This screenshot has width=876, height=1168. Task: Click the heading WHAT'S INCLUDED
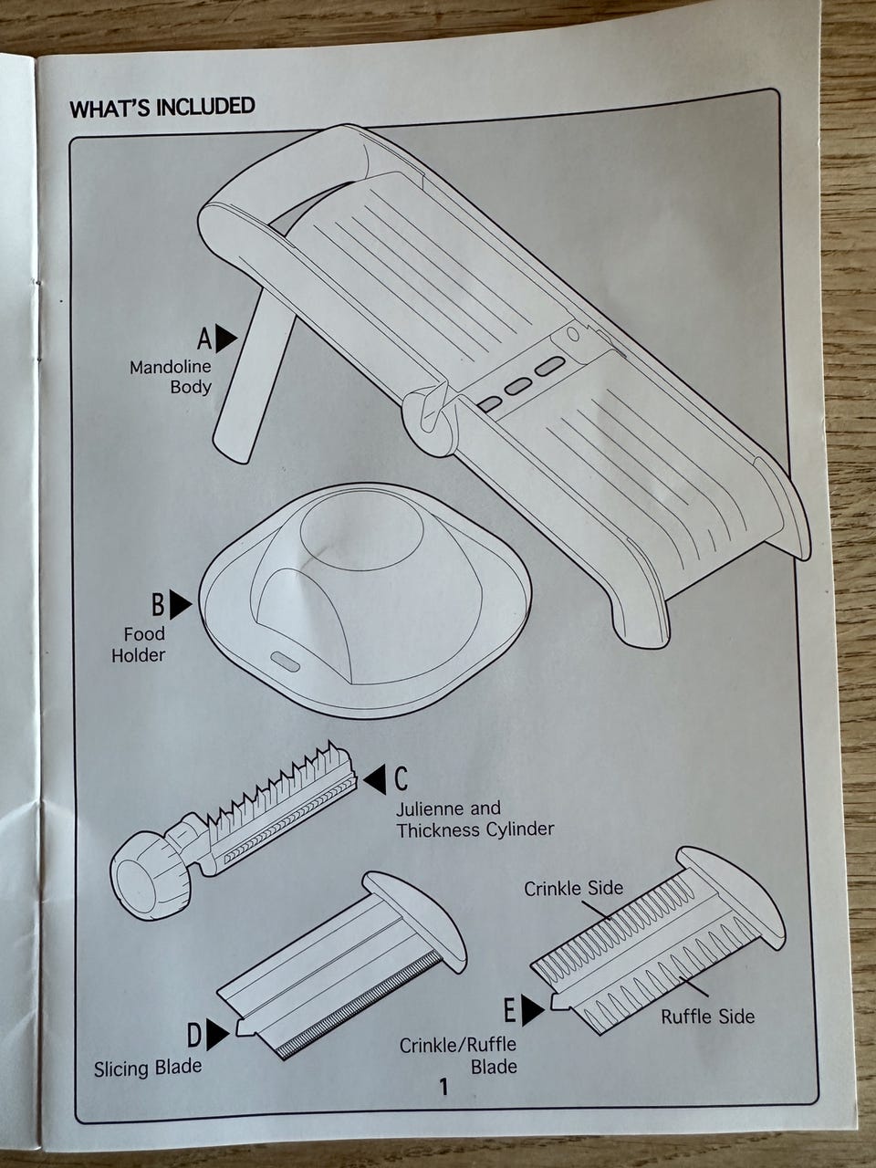(x=162, y=108)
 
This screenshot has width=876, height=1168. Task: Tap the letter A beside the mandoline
(x=204, y=339)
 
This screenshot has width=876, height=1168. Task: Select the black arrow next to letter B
(x=181, y=604)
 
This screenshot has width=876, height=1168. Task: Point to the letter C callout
(x=401, y=778)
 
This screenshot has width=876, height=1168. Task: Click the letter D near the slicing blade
(x=194, y=1035)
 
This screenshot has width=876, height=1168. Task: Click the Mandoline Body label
(x=171, y=376)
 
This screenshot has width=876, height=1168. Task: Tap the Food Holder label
(x=138, y=644)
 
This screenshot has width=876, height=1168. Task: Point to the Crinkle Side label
(x=573, y=888)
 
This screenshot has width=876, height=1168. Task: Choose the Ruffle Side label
(x=707, y=1017)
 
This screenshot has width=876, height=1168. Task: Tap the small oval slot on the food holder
(x=287, y=662)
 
